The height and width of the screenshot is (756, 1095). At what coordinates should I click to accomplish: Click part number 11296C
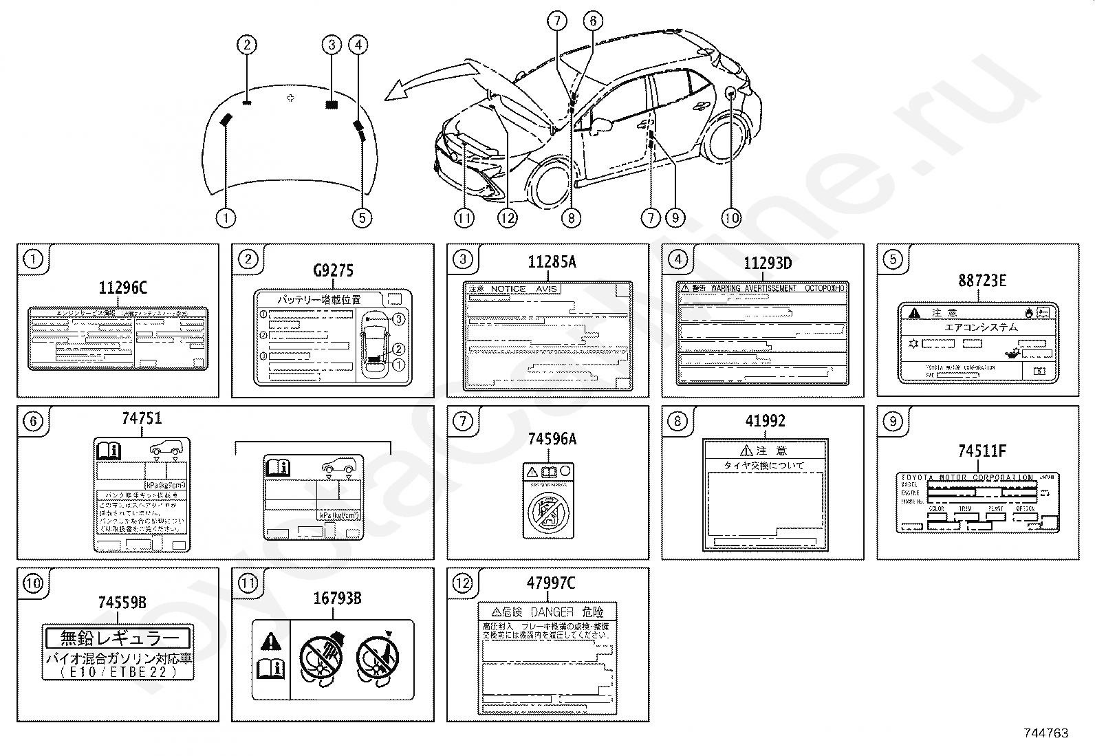pos(122,288)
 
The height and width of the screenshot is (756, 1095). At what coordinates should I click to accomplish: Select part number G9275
pos(333,270)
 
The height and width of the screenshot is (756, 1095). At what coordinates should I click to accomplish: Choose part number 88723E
pos(982,280)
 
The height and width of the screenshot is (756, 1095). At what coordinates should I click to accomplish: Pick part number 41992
pos(765,421)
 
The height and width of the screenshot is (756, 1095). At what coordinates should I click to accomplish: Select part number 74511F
pos(982,451)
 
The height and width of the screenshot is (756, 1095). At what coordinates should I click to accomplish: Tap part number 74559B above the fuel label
pos(122,603)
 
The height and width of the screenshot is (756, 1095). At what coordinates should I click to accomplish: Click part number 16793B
pos(337,598)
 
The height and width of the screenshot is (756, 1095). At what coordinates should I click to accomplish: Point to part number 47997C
pos(550,583)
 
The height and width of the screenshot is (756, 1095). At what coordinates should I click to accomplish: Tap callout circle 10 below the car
pos(730,218)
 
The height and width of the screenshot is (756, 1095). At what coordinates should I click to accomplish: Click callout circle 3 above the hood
pos(332,45)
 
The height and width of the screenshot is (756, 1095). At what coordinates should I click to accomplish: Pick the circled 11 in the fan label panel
pos(248,584)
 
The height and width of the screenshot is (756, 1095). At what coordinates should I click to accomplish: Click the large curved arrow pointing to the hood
pos(433,77)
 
